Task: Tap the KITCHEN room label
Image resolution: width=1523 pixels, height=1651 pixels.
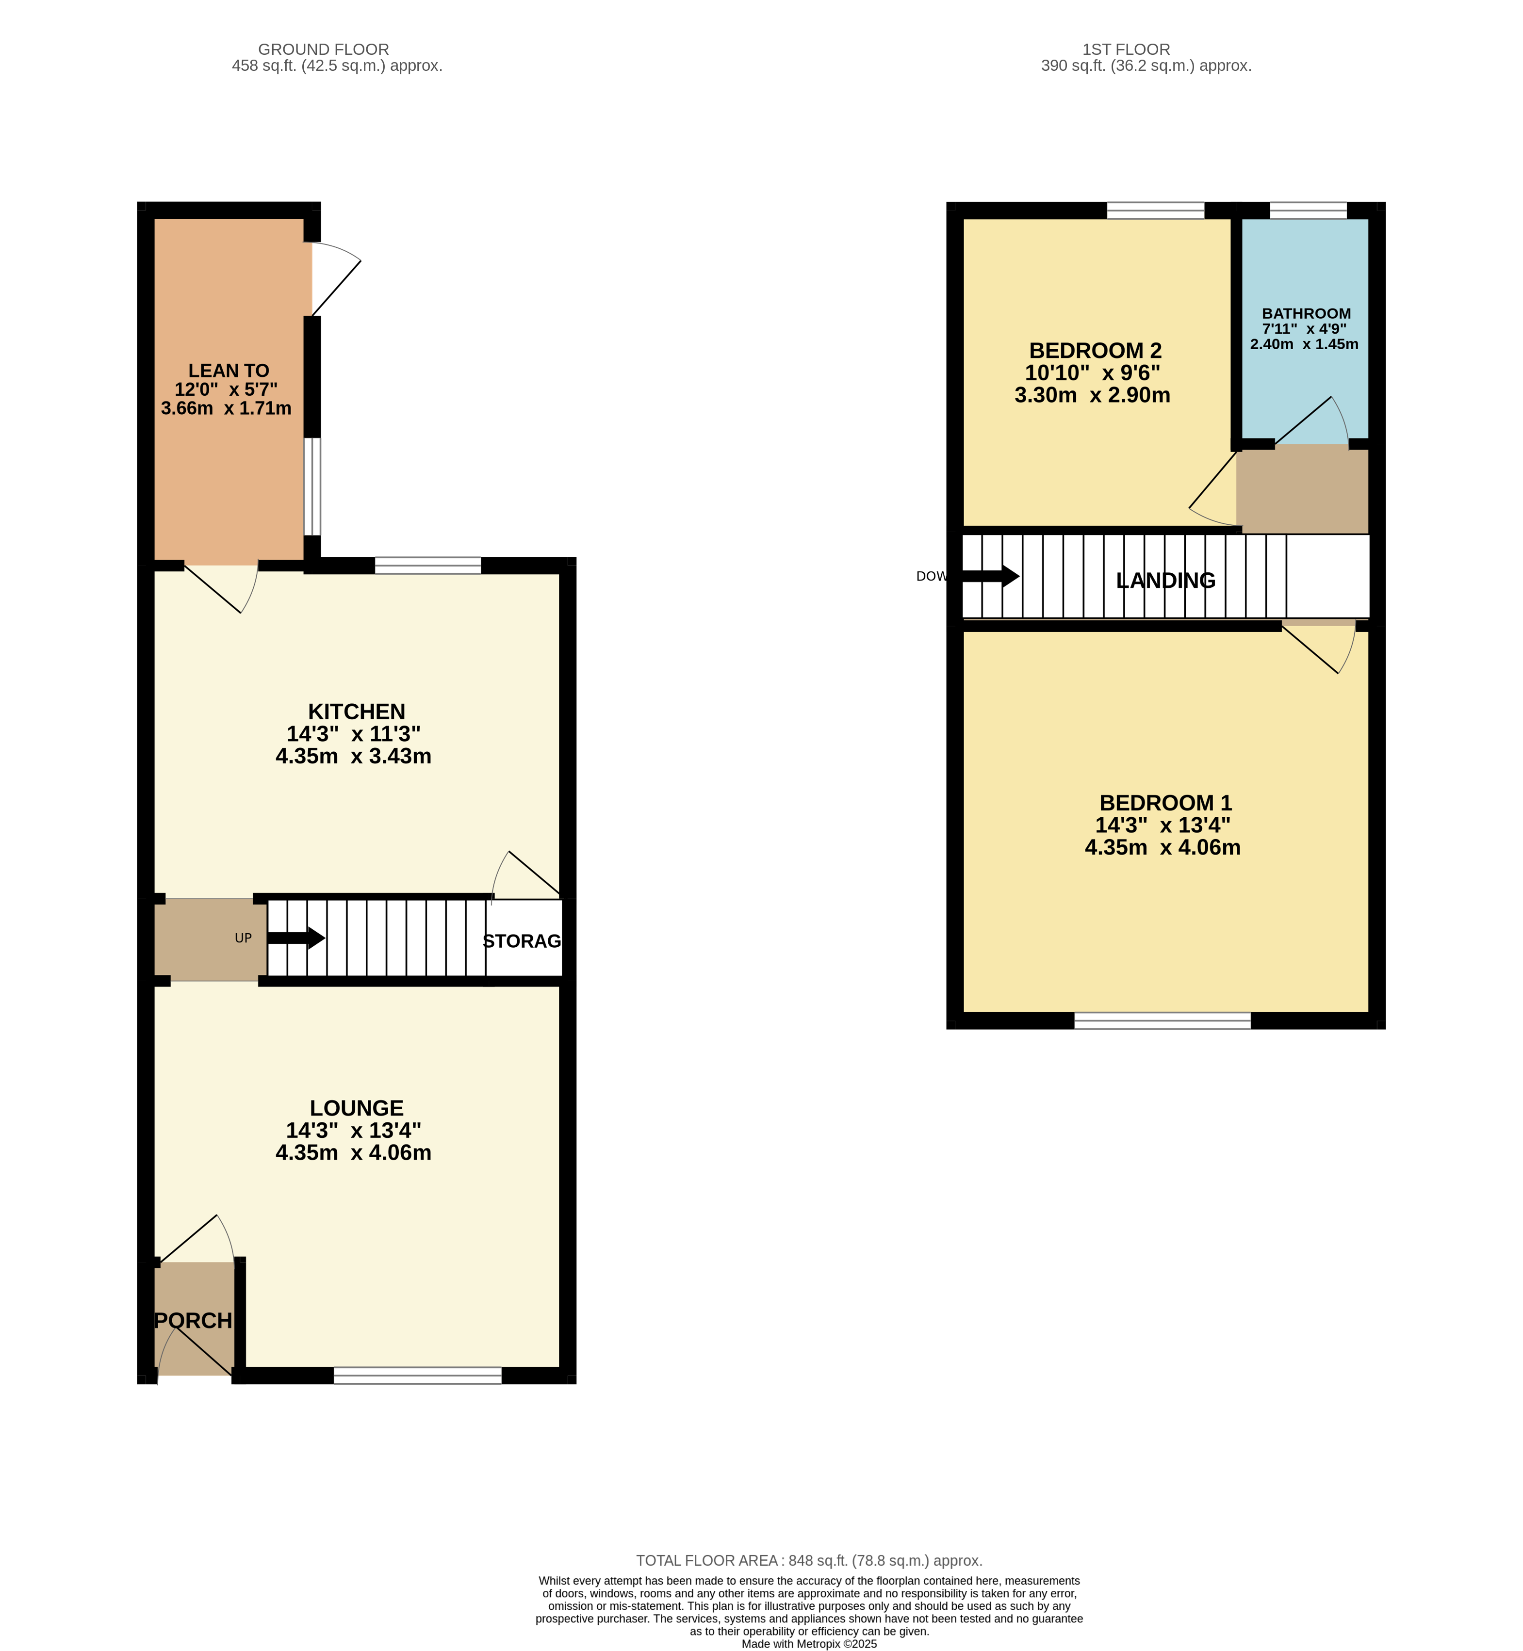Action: [357, 712]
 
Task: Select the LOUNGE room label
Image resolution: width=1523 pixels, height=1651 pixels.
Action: [357, 1108]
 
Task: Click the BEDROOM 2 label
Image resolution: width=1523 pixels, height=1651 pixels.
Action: [1095, 351]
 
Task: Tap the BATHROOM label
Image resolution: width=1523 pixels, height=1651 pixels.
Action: [1306, 314]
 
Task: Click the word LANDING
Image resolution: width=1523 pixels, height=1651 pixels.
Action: [1165, 581]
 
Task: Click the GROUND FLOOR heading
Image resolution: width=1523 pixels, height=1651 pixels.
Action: [323, 49]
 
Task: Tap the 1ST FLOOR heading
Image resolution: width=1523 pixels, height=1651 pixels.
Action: [1126, 49]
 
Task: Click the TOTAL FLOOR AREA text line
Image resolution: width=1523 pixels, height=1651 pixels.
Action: [809, 1560]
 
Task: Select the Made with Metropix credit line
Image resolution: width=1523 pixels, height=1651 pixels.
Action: [809, 1644]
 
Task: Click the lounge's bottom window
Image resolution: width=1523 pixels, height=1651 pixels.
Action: [418, 1375]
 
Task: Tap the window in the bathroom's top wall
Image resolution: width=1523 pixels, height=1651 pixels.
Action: [1308, 210]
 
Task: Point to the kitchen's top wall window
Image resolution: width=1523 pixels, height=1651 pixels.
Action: [428, 565]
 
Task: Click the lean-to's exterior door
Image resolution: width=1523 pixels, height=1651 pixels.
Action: [336, 280]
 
